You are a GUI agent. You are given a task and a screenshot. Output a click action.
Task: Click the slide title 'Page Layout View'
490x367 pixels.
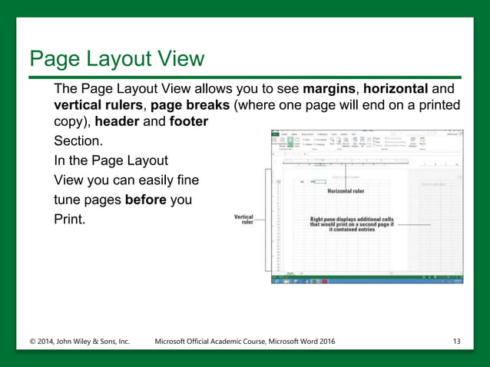coord(116,58)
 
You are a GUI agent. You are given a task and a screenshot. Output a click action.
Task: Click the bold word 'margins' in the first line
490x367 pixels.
coord(332,89)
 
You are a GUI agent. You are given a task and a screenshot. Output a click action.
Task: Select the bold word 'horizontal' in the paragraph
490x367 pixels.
coord(402,89)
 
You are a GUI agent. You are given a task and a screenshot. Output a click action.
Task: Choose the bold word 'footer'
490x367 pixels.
coord(189,121)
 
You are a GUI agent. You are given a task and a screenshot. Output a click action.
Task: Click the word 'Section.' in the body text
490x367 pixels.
coord(78,142)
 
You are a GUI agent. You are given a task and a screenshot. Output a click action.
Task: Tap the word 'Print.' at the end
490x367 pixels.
coord(70,220)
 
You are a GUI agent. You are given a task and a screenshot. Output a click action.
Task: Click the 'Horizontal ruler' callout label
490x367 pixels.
coord(346,190)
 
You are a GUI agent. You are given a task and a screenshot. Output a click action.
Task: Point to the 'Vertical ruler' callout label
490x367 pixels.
coord(243,220)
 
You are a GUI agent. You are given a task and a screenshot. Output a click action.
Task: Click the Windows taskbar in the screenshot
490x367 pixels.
coord(367,280)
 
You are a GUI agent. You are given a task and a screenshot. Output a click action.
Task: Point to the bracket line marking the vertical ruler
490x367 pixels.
coord(267,223)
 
